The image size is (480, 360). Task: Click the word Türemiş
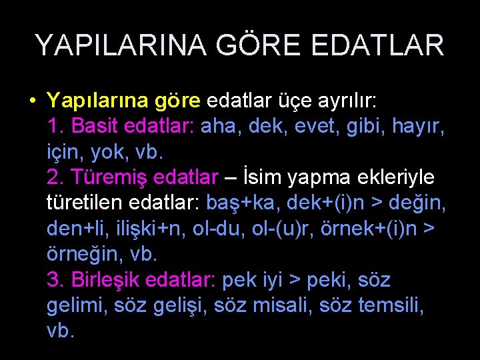109,178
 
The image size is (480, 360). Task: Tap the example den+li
73,229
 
